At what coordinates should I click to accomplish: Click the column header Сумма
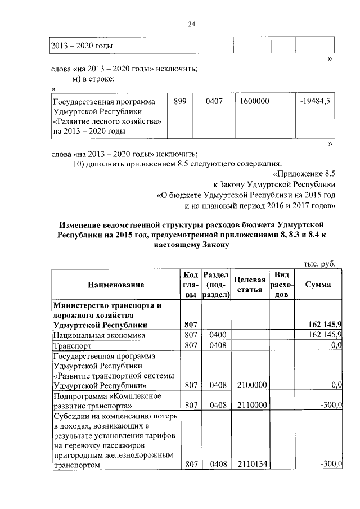[x=318, y=285]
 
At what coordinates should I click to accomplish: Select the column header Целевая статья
[x=249, y=285]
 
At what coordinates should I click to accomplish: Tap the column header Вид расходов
[x=281, y=285]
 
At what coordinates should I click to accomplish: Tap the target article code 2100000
[x=253, y=385]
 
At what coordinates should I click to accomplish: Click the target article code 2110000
[x=253, y=406]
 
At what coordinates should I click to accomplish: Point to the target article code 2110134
[x=253, y=465]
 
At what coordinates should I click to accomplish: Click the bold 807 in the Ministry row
[x=191, y=325]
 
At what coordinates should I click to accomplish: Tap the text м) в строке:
[x=94, y=78]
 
